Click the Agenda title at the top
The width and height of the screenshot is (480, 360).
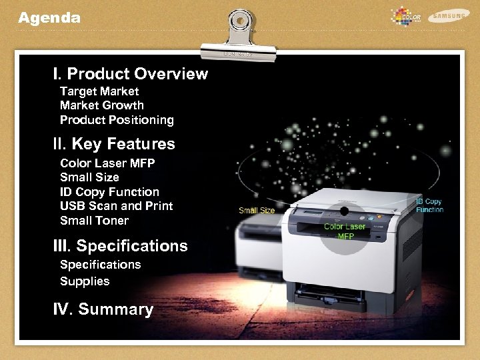pos(49,18)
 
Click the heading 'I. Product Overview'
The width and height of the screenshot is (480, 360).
pos(131,73)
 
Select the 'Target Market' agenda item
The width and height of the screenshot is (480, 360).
pos(99,91)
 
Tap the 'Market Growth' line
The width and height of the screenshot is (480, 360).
pos(101,105)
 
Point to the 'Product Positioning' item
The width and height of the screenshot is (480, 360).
pos(117,120)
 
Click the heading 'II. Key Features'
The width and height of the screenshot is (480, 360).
pos(114,144)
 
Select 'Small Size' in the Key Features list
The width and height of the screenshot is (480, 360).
pos(89,177)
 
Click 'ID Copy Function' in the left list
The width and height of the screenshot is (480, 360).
pos(109,192)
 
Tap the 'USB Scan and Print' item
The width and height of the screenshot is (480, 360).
pos(116,206)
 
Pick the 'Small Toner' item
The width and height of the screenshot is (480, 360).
pos(94,221)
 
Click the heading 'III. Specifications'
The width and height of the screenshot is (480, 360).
pos(120,246)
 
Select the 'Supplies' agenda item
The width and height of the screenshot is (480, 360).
pos(85,281)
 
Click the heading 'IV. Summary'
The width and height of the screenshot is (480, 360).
pos(103,309)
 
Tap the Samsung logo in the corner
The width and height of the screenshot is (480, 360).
pos(449,15)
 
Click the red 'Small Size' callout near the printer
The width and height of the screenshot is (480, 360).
pos(257,211)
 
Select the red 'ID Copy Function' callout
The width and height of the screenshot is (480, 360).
pos(429,205)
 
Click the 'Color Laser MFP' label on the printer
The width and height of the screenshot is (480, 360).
pos(345,231)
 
